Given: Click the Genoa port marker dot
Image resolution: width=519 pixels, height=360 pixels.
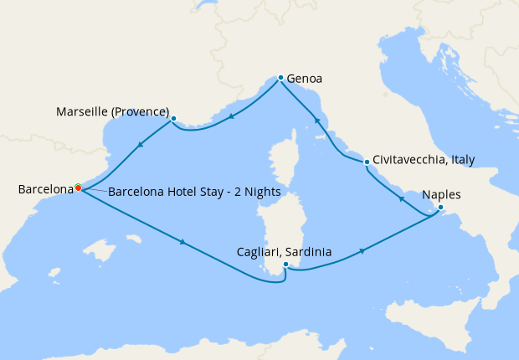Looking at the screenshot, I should (x=280, y=78).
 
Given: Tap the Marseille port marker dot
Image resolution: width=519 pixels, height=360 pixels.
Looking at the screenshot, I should (x=173, y=119).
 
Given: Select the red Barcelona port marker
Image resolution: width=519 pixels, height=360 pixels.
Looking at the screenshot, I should (x=78, y=188).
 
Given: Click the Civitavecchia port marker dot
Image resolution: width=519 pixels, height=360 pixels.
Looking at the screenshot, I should (x=367, y=162).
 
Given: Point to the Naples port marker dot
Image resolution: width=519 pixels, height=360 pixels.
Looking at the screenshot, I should (x=440, y=208).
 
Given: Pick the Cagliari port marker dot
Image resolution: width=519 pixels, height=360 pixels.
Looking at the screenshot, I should (x=286, y=265).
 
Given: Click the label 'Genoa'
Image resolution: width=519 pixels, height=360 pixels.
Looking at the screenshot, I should (x=305, y=80).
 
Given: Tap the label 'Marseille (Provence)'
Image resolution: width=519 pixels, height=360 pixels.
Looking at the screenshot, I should (x=112, y=111).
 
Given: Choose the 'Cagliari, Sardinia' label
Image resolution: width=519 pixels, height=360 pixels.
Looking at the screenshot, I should (x=285, y=251).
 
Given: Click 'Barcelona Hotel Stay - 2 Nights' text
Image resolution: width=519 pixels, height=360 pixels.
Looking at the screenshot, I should (x=194, y=192).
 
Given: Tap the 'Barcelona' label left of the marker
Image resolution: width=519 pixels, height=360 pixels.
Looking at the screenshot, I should (x=45, y=190).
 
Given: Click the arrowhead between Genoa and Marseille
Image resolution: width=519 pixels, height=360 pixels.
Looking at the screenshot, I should (x=231, y=116).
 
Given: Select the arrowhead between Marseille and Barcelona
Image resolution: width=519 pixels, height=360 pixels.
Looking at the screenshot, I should (x=139, y=146).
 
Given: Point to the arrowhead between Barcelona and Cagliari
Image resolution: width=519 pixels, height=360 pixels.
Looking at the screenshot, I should (x=182, y=244).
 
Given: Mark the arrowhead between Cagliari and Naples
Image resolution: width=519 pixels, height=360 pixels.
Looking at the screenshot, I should (x=362, y=251).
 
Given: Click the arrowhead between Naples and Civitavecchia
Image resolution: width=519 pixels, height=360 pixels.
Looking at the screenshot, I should (x=401, y=198).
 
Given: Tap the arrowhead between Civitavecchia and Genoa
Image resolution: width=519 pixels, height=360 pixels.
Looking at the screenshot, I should (x=317, y=122).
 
